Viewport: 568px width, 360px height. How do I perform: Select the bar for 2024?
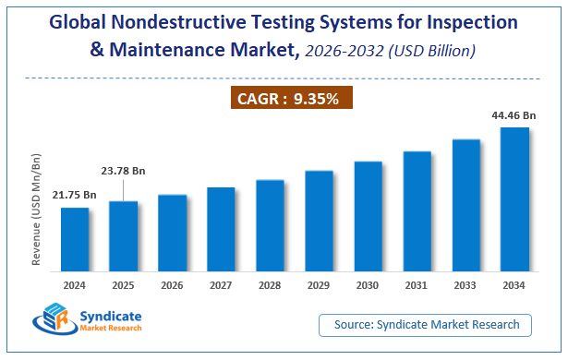(x=75, y=239)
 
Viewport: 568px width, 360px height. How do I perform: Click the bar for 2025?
(x=124, y=235)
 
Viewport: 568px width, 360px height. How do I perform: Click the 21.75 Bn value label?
(x=75, y=195)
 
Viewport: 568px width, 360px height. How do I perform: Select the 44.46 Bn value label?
(x=514, y=114)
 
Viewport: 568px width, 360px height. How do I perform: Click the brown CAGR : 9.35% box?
(x=292, y=99)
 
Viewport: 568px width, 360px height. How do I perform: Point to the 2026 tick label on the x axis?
(x=173, y=285)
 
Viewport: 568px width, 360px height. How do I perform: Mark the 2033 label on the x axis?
(x=465, y=285)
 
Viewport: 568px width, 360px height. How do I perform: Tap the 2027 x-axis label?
(x=222, y=285)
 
